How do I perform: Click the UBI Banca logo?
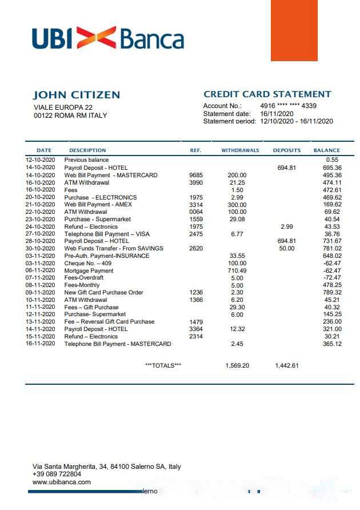click(108, 38)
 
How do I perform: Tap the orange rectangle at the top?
click(294, 30)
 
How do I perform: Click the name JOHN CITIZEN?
click(76, 95)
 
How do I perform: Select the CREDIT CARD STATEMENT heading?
click(267, 94)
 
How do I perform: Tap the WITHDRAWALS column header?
click(240, 150)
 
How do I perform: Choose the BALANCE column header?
click(326, 150)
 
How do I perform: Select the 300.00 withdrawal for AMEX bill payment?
click(237, 204)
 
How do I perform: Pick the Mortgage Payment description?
click(89, 270)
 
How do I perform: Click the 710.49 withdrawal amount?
click(237, 270)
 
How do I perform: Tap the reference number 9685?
click(195, 175)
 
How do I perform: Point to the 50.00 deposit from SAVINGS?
click(286, 248)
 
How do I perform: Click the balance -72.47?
click(332, 278)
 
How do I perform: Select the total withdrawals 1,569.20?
click(237, 365)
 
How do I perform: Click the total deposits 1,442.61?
click(286, 365)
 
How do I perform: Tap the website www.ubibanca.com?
click(62, 482)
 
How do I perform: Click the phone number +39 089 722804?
click(57, 474)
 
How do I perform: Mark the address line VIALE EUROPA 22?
click(63, 107)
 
